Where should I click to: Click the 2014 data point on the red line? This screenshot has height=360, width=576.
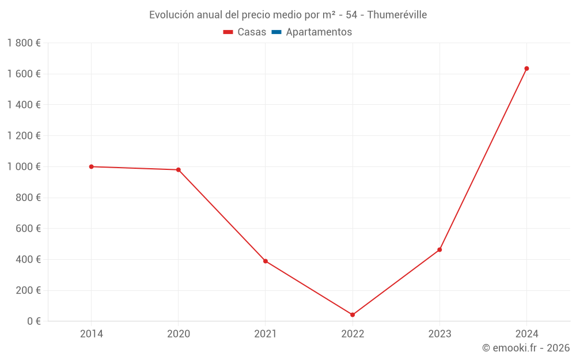click(x=91, y=166)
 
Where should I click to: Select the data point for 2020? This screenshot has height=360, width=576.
click(x=179, y=170)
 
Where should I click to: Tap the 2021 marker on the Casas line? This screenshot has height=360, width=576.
click(x=266, y=261)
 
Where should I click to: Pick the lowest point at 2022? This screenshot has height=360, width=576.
click(x=353, y=314)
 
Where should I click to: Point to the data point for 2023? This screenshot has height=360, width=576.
click(x=439, y=249)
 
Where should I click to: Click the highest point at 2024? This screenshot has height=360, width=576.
click(x=526, y=69)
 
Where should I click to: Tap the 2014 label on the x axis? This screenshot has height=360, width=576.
click(x=91, y=334)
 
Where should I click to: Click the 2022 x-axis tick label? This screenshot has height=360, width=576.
click(x=353, y=334)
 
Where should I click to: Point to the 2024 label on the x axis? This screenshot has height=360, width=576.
click(x=526, y=334)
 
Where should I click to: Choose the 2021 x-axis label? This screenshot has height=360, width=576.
click(x=266, y=334)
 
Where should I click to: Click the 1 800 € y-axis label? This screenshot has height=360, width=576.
click(x=24, y=43)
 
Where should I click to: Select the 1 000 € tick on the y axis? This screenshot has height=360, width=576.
click(x=24, y=166)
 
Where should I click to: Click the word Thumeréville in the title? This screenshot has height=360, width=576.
click(x=397, y=15)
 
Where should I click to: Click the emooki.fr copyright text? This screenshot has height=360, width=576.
click(x=526, y=348)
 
